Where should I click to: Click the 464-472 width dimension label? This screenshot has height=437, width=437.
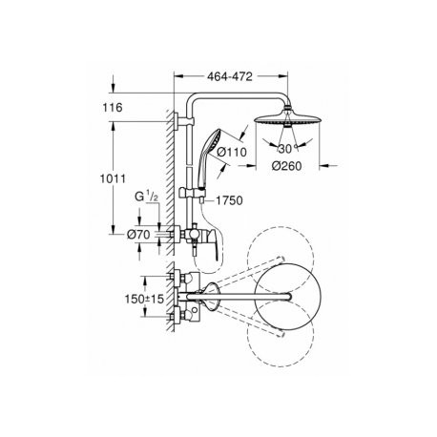(x=230, y=76)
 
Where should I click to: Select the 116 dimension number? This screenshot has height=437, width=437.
(x=113, y=108)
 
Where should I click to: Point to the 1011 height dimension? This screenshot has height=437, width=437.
(x=113, y=178)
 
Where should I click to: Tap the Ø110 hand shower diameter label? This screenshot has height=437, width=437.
(x=232, y=152)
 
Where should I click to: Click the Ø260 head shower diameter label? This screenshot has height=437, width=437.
(x=286, y=166)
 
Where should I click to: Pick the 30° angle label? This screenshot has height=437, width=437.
(x=288, y=148)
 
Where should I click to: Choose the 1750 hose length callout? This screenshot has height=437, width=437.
(x=229, y=200)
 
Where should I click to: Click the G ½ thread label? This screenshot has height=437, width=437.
(x=146, y=197)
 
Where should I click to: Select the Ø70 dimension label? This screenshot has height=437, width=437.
(x=138, y=235)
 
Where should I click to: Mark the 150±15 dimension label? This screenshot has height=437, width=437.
(x=144, y=299)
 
